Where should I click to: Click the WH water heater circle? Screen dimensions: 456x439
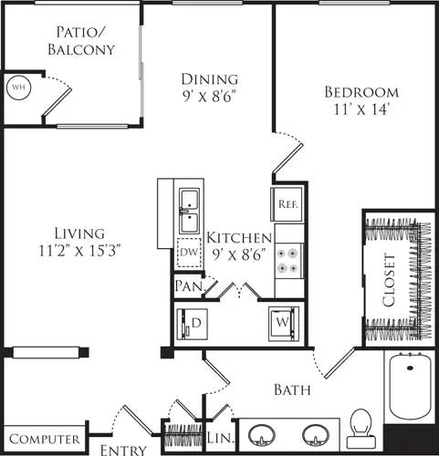[17, 88]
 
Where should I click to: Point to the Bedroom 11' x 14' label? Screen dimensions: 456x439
[361, 99]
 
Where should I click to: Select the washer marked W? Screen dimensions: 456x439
[281, 323]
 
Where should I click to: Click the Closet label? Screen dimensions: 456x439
[390, 282]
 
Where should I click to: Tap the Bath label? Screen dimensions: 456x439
[292, 390]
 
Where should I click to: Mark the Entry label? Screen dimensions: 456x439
[121, 449]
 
